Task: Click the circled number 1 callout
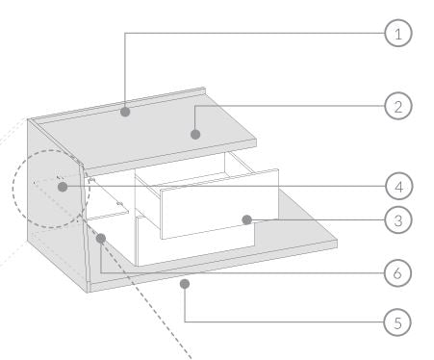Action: [398, 33]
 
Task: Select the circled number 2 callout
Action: [398, 106]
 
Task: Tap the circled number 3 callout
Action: [398, 220]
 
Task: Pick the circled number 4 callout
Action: [398, 187]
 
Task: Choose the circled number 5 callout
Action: [397, 322]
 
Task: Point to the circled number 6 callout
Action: [397, 273]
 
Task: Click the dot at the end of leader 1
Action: [125, 112]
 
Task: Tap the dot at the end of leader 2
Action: [195, 134]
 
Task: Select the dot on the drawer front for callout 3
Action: [246, 219]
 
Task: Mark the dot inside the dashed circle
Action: [63, 187]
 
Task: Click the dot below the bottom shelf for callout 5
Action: [185, 284]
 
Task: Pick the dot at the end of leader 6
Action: [101, 238]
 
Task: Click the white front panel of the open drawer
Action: [219, 204]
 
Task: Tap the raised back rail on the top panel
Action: [118, 106]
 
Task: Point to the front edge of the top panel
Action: [171, 158]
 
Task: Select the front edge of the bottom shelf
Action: [214, 266]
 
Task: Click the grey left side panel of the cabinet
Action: [57, 205]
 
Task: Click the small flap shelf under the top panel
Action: [108, 198]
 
